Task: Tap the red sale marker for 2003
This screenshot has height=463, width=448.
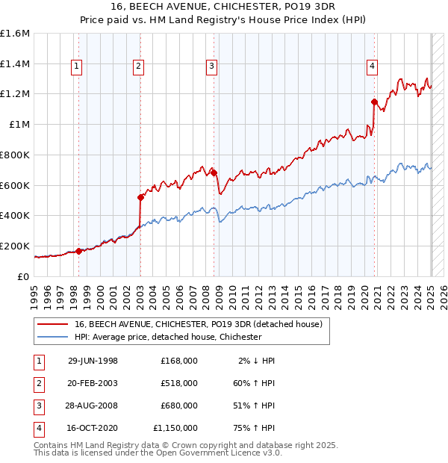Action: pyautogui.click(x=140, y=197)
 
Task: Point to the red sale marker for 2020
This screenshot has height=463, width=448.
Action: pyautogui.click(x=375, y=102)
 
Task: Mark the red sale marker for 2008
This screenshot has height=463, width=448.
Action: pyautogui.click(x=214, y=173)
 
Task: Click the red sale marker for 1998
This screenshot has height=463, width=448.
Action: pyautogui.click(x=78, y=251)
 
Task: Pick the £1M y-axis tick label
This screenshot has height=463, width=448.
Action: pyautogui.click(x=19, y=125)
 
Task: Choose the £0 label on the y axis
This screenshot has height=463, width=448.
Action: pyautogui.click(x=24, y=276)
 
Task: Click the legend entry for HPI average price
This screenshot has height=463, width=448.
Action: pyautogui.click(x=168, y=337)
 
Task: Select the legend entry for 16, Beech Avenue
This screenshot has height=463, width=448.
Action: pyautogui.click(x=198, y=324)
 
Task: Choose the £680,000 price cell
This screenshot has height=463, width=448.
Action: pyautogui.click(x=179, y=405)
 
